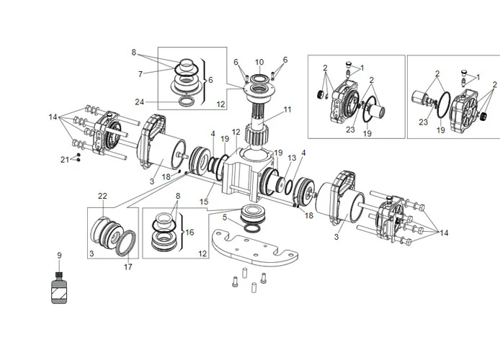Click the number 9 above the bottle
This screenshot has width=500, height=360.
point(60,255)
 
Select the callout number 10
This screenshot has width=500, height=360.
point(259,62)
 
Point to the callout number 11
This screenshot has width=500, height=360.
point(287,110)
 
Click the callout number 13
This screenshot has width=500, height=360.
point(292,158)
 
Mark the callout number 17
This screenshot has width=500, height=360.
point(129,266)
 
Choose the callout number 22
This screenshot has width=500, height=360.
point(102,196)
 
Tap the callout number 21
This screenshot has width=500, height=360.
point(64,158)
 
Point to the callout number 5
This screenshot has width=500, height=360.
point(226,216)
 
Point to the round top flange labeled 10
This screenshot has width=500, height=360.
point(259,89)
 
